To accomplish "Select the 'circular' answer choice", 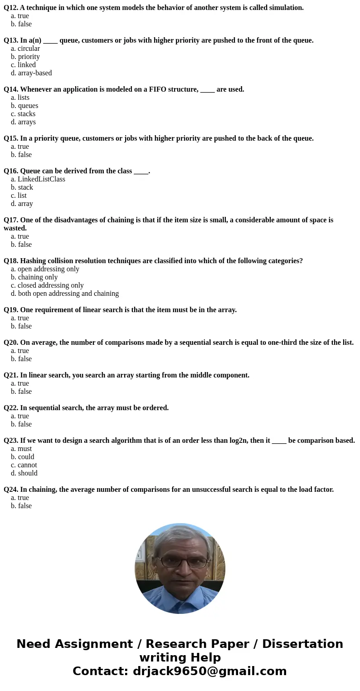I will (x=29, y=49).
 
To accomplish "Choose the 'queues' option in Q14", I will (x=28, y=106).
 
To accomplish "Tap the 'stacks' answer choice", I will (x=26, y=114).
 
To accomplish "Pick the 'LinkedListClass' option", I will (x=41, y=179).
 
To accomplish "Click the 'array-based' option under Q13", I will (x=35, y=73).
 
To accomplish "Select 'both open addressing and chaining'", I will (x=68, y=294).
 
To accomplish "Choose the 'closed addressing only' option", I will (x=51, y=285).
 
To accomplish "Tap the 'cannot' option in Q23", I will (x=27, y=465).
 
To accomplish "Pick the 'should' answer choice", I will (x=28, y=473).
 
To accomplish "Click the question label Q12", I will (x=10, y=8).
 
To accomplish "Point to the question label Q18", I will (x=11, y=261).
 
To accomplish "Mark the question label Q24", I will (x=11, y=490).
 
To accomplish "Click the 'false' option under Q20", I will (x=25, y=359).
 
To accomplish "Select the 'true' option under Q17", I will (x=23, y=236).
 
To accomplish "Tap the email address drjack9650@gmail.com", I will (x=209, y=671).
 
